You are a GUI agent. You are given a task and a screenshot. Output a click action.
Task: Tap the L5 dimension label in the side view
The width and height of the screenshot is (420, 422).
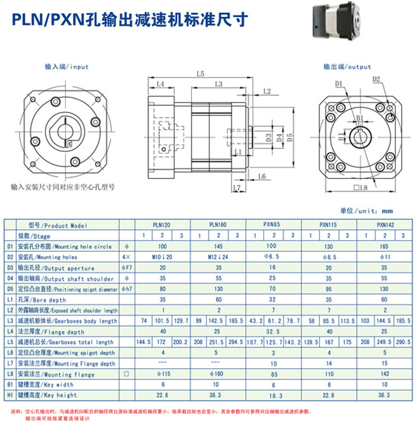click(200, 73)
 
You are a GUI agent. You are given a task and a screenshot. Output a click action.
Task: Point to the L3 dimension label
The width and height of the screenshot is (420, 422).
click(218, 84)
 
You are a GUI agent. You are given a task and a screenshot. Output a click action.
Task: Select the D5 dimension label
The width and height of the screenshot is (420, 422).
click(290, 136)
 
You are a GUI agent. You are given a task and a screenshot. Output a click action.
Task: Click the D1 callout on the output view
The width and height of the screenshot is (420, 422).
click(339, 83)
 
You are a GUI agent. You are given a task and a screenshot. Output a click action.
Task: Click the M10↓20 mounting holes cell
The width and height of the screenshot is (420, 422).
click(163, 256)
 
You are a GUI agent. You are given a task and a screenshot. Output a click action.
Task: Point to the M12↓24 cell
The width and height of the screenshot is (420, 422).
click(218, 256)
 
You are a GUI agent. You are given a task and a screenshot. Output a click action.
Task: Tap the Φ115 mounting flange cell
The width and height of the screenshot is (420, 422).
click(163, 374)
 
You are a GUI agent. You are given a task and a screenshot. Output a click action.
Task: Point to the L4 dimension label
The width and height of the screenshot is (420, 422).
click(160, 84)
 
